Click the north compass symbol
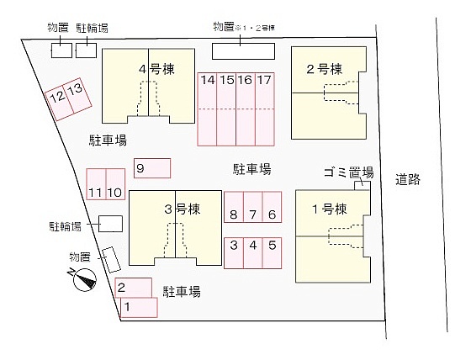pos(84,279)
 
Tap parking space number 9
pos(152,168)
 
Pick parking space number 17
pos(265,109)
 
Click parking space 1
pos(139,307)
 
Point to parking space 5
pos(272,253)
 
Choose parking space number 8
pos(234,207)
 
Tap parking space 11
pos(96,184)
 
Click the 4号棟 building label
pos(156,70)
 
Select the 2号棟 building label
pos(325,70)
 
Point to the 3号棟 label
pos(183,209)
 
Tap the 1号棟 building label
pos(330,209)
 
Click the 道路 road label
pos(408,179)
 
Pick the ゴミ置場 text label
pos(349,172)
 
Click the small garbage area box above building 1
pos(362,186)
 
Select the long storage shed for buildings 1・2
pos(243,51)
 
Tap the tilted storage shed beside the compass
pos(111,260)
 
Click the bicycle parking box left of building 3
pos(110,224)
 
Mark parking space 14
pos(207,109)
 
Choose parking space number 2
pos(134,288)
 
